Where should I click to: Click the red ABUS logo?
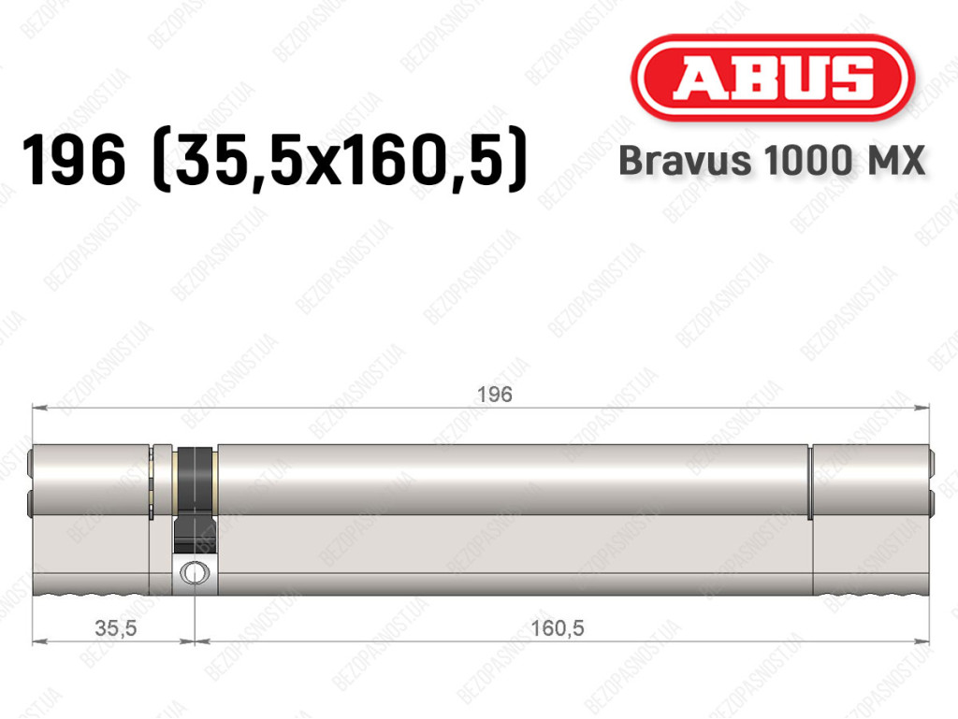772,78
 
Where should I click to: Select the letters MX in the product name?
895,161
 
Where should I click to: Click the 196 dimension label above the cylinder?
494,395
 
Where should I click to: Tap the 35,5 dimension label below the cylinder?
116,627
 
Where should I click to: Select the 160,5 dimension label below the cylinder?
558,627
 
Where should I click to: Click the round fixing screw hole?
195,573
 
